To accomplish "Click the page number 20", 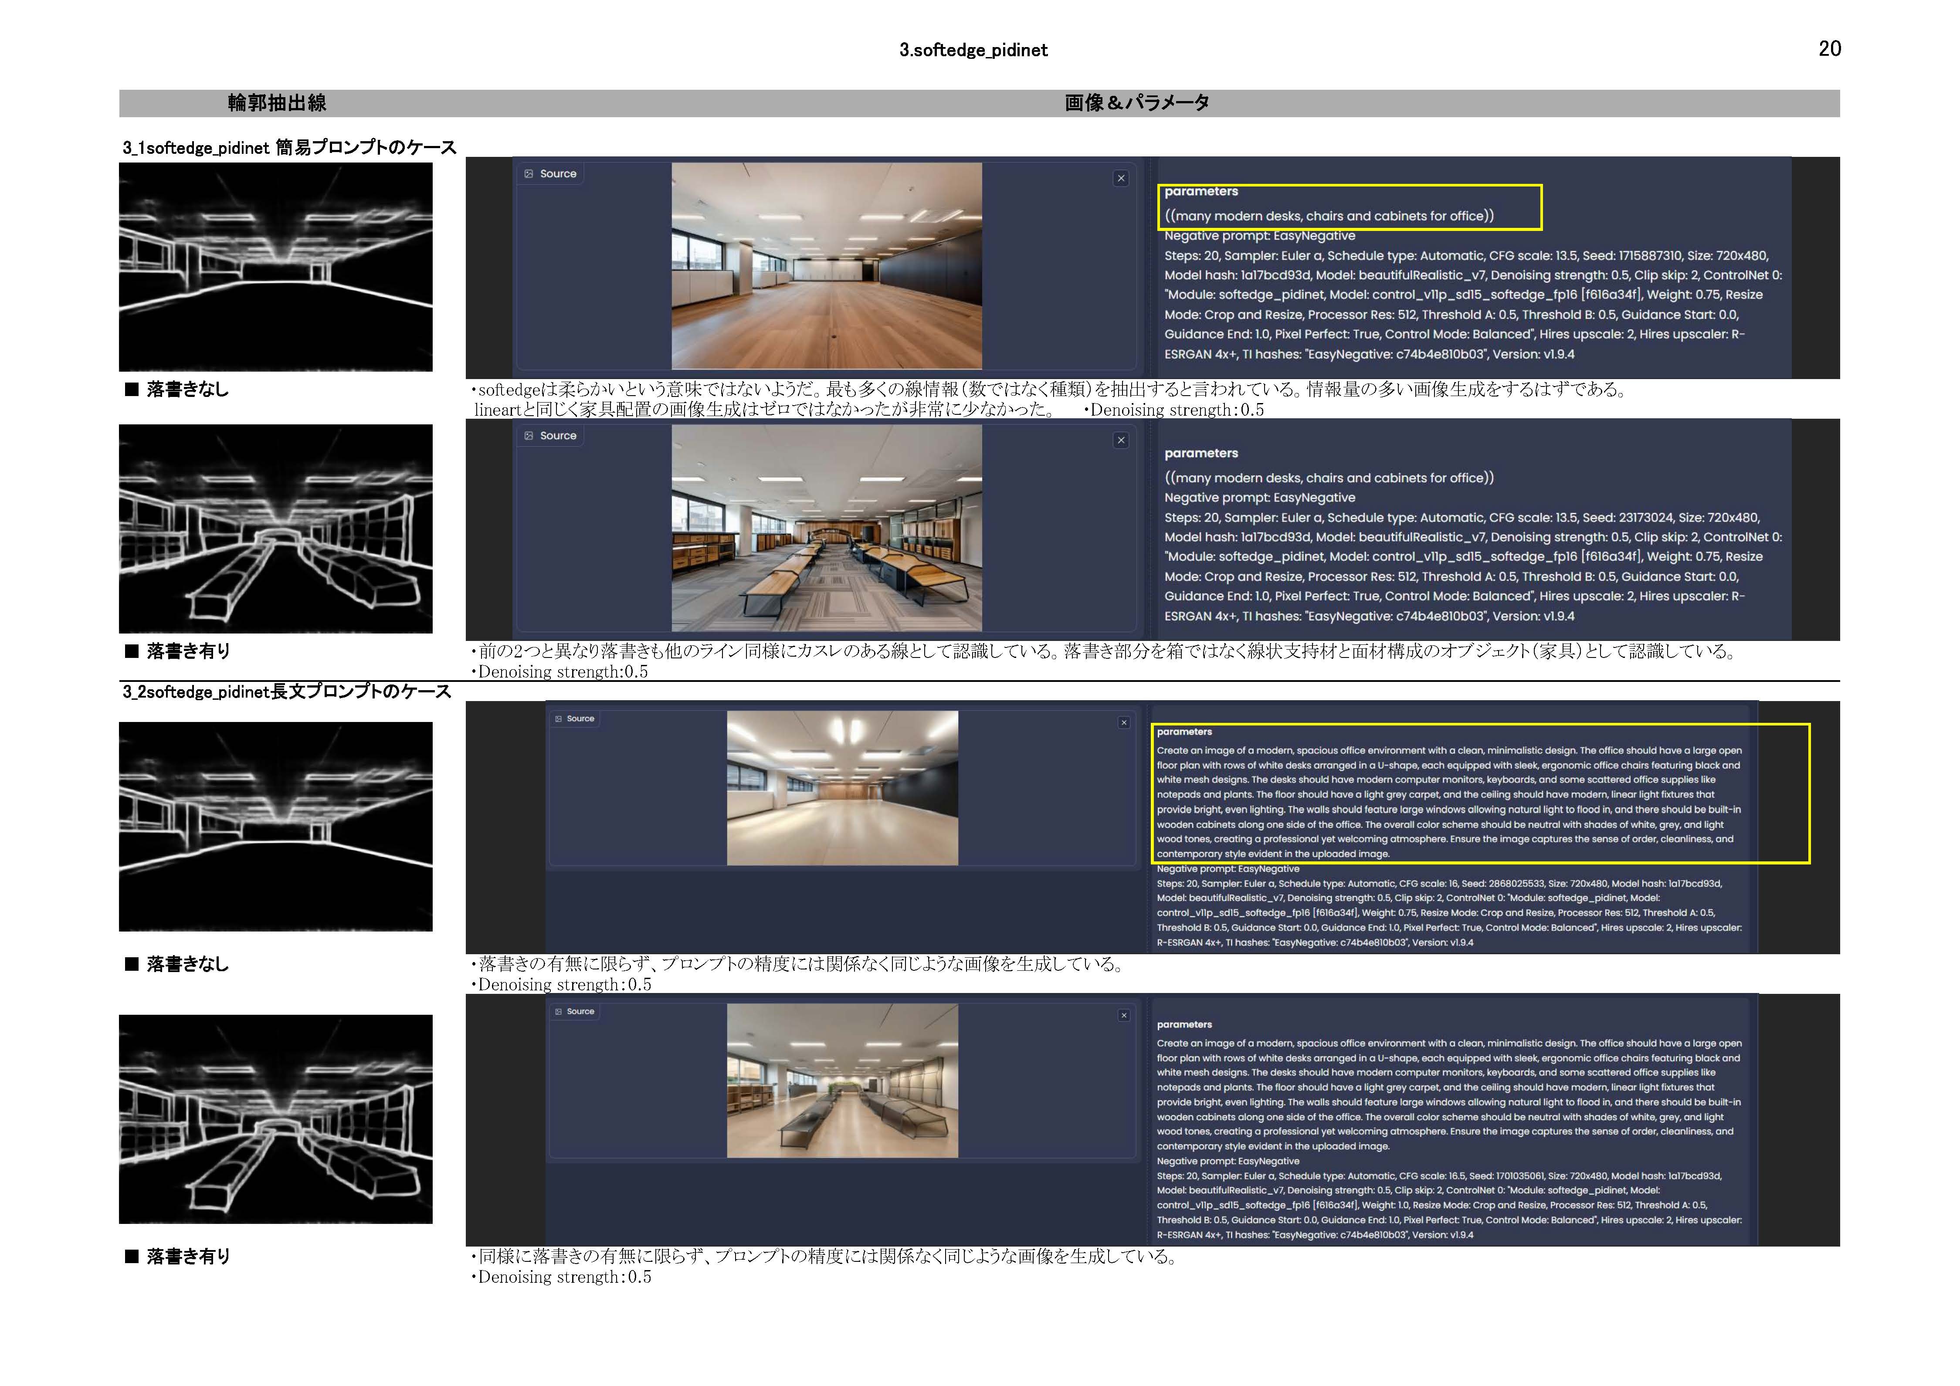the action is pos(1829,49).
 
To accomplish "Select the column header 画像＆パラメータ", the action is pos(1137,103).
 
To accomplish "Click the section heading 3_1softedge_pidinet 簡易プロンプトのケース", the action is pos(289,148).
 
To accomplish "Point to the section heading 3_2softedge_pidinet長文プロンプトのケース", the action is pos(287,691).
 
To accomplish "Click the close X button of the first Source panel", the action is pos(1121,178).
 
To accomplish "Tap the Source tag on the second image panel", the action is pos(552,436).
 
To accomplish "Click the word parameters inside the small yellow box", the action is pos(1201,191).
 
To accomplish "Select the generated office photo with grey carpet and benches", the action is pos(826,528).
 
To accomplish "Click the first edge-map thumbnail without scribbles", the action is pos(276,267).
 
